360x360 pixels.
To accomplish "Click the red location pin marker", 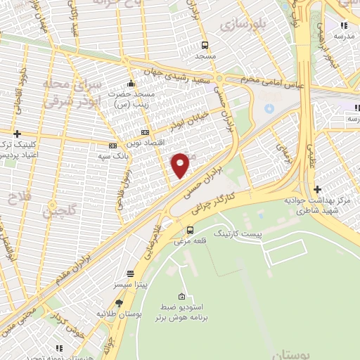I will (x=181, y=165).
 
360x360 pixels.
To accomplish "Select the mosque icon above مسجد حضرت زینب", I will (x=130, y=83).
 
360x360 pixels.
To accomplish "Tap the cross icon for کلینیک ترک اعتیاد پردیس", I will (x=18, y=134).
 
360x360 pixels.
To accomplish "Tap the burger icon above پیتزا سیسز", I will (x=130, y=273).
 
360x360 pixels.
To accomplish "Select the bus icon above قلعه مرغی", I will (x=190, y=230).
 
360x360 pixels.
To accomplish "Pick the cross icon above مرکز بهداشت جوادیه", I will (x=319, y=188).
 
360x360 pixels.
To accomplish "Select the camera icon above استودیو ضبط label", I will (x=182, y=296).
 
